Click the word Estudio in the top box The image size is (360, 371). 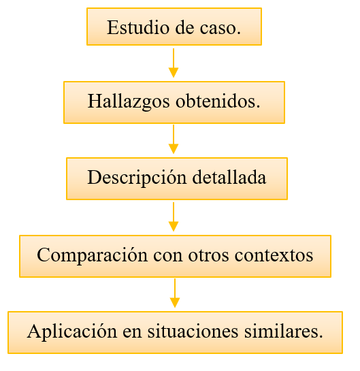point(138,27)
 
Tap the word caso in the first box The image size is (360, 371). point(218,28)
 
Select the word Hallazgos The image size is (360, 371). point(129,101)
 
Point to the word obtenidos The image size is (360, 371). point(216,101)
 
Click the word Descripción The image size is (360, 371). point(137,178)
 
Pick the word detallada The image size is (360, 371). point(229,177)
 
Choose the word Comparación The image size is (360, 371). point(93,255)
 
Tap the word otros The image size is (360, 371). point(208,256)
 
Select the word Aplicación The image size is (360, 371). point(72,332)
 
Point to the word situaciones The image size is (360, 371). point(193,332)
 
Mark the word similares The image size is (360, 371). point(281,332)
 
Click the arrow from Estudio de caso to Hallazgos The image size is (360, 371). point(174,63)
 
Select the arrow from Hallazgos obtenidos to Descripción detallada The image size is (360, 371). point(174,140)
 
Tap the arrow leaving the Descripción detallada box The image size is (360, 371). point(174,216)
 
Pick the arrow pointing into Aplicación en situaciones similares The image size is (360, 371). point(175,293)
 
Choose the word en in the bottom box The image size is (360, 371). point(132,332)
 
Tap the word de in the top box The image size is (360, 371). point(184,27)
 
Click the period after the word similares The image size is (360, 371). point(321,336)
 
